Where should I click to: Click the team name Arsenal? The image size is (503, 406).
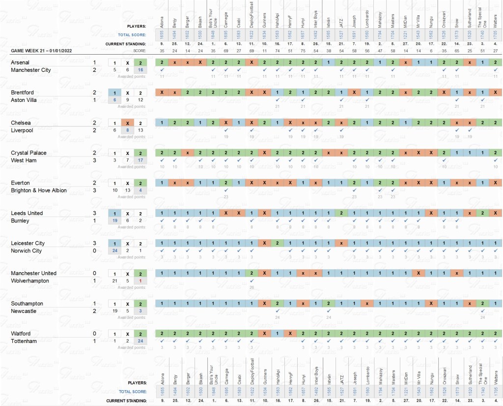(20, 62)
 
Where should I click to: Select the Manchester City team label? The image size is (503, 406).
(31, 70)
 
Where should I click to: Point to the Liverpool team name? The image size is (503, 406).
(21, 130)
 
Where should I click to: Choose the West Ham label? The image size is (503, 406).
(23, 160)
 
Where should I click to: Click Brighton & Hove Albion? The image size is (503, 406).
(39, 190)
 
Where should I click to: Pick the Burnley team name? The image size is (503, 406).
(20, 221)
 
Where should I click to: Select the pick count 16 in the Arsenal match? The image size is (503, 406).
(140, 70)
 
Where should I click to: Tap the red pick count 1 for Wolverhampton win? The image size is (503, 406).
(140, 281)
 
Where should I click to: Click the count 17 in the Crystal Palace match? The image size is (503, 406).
(140, 160)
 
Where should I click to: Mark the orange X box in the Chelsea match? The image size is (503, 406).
(128, 123)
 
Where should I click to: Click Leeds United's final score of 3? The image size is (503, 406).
(94, 213)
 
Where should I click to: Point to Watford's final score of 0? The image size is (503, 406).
(94, 334)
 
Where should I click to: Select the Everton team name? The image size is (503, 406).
(20, 183)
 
